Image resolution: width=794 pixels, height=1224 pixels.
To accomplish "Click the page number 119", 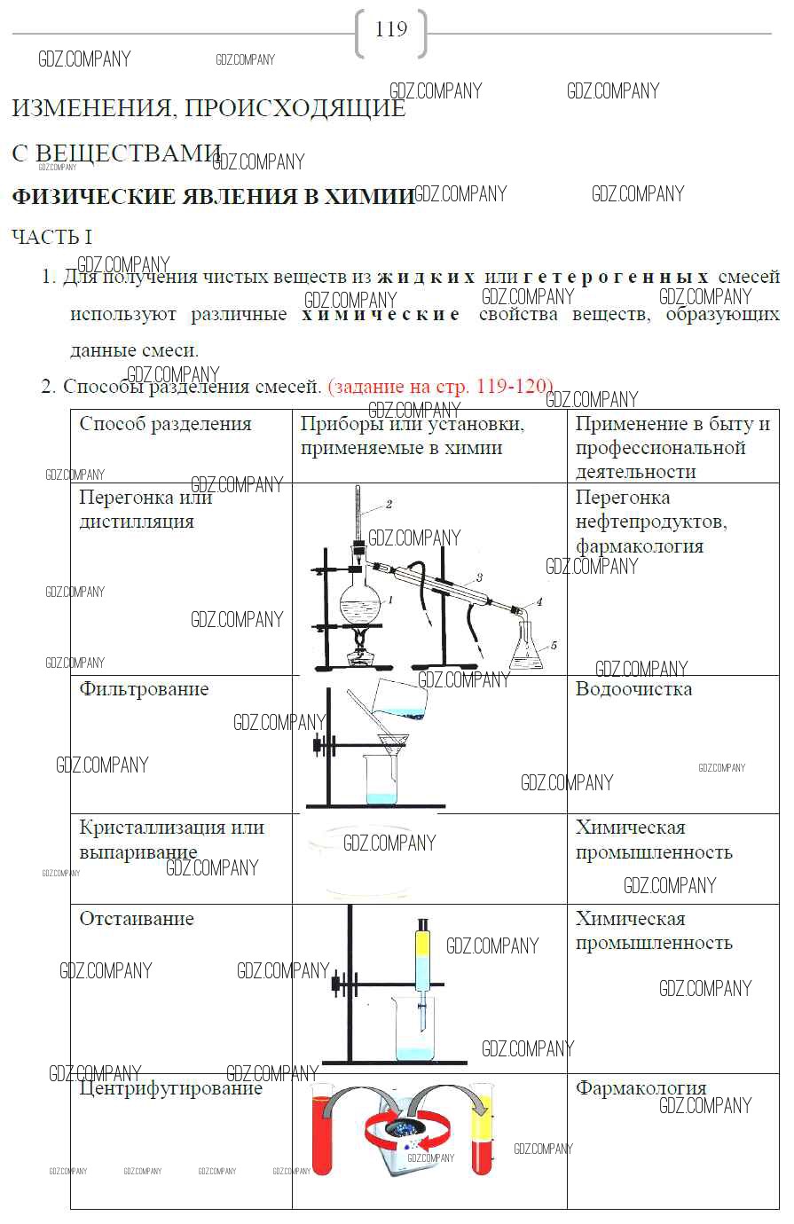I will click(391, 30).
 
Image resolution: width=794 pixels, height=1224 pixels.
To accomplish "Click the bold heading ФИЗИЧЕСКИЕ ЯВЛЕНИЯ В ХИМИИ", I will click(213, 196).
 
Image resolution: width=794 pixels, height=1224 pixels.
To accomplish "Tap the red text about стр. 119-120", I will click(440, 387).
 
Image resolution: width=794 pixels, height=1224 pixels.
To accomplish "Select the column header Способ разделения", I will click(166, 424).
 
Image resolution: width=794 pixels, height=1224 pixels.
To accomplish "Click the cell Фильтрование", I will click(144, 689).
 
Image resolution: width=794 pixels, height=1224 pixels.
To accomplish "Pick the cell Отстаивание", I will click(137, 919).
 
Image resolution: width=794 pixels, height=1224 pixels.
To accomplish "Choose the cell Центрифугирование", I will click(170, 1088).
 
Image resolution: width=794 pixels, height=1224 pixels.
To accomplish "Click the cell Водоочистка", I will click(633, 689).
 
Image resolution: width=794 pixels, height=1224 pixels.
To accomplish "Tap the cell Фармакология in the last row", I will click(641, 1088).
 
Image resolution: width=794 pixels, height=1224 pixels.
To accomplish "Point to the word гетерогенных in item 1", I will click(617, 277).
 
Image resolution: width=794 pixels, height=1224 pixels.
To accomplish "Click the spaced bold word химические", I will click(381, 314).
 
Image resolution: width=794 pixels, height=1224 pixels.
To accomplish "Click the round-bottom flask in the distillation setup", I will click(362, 606).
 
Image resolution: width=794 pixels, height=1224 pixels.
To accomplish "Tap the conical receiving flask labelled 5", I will click(526, 649).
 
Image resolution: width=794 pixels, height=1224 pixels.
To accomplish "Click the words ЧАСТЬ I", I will click(52, 238).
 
